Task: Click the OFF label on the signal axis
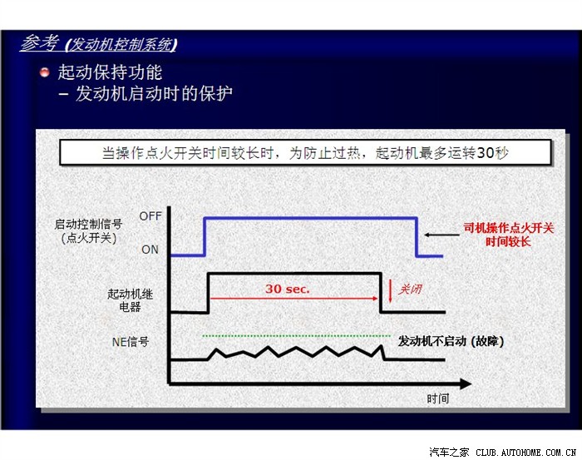pos(150,216)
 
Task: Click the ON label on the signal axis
pos(150,250)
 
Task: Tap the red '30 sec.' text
pos(288,289)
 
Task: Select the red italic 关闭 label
pos(410,289)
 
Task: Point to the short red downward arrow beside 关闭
pos(390,290)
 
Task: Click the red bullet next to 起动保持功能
pos(45,72)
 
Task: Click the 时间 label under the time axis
pos(438,398)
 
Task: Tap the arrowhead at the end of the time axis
pos(466,383)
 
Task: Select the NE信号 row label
pos(131,342)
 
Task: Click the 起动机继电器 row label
pos(130,300)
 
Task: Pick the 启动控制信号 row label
pos(88,224)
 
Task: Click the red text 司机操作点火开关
pos(509,228)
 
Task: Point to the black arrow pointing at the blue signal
pos(441,235)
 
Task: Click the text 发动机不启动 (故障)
pos(451,341)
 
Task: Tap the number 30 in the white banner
pos(485,152)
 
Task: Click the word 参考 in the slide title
pos(40,42)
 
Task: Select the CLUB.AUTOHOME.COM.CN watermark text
pos(525,453)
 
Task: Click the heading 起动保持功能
pos(110,72)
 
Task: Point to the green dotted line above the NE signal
pos(296,336)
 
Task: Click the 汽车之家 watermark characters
pos(449,453)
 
